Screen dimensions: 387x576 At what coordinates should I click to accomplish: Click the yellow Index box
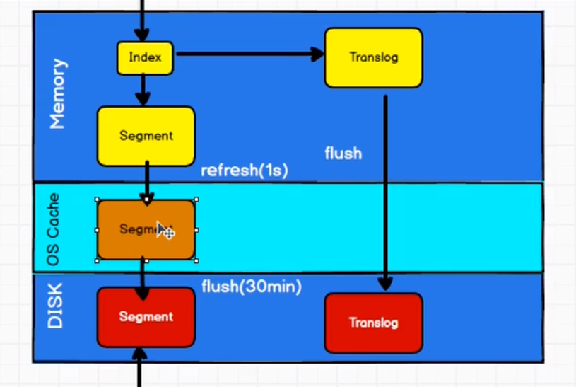click(x=145, y=58)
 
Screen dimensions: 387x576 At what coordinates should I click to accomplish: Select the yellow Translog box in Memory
click(x=373, y=58)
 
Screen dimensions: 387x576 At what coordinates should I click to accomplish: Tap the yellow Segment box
click(x=146, y=136)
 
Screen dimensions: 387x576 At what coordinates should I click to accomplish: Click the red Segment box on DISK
click(x=146, y=317)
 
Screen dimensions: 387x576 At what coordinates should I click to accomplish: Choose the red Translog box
click(x=373, y=323)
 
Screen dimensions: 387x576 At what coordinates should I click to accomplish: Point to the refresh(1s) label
click(x=245, y=171)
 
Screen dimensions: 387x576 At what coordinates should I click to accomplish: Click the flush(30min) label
click(x=252, y=287)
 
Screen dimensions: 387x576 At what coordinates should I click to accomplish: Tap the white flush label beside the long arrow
click(x=343, y=153)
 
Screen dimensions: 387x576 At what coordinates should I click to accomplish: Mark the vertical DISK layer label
click(x=55, y=306)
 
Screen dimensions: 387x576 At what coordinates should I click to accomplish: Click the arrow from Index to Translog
click(x=247, y=53)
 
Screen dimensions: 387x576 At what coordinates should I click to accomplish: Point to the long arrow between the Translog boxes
click(x=385, y=191)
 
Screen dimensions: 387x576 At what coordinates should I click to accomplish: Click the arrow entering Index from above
click(x=142, y=21)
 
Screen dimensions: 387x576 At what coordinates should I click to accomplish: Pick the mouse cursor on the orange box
click(x=164, y=229)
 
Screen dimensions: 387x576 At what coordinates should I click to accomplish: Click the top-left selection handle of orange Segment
click(x=97, y=200)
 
